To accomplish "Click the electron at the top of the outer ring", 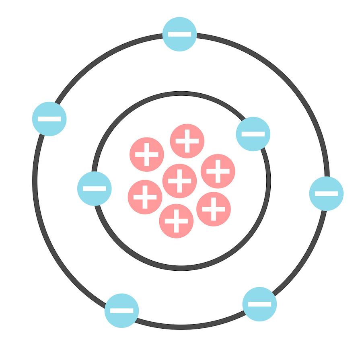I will pyautogui.click(x=180, y=34).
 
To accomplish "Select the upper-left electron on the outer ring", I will pyautogui.click(x=49, y=119).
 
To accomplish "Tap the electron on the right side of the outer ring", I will pyautogui.click(x=326, y=193).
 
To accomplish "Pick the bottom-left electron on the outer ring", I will pyautogui.click(x=121, y=311).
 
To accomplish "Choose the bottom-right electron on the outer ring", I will pyautogui.click(x=259, y=304).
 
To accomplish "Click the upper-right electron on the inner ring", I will pyautogui.click(x=253, y=134).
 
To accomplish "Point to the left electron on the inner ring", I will pyautogui.click(x=95, y=188).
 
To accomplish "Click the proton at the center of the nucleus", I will pyautogui.click(x=179, y=181).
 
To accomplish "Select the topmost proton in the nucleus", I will pyautogui.click(x=187, y=141).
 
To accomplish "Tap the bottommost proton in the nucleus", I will pyautogui.click(x=176, y=221).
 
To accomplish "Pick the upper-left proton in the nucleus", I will pyautogui.click(x=147, y=154).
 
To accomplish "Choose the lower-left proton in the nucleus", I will pyautogui.click(x=145, y=197).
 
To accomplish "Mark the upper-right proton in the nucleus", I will pyautogui.click(x=218, y=171).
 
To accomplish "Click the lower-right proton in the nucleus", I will pyautogui.click(x=214, y=209).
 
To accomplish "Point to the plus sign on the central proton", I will pyautogui.click(x=179, y=181).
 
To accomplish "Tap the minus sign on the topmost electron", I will pyautogui.click(x=180, y=34).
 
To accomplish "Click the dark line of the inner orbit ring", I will pyautogui.click(x=181, y=268).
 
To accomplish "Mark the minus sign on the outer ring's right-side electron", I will pyautogui.click(x=326, y=193).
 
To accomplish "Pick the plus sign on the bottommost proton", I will pyautogui.click(x=176, y=221).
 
